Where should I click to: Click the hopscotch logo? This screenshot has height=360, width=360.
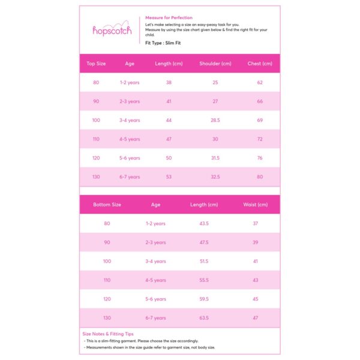pos(112,30)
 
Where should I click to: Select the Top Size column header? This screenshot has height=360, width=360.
pos(96,64)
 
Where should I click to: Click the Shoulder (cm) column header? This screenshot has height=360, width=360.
pos(215,64)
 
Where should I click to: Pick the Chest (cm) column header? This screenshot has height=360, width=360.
pos(260,64)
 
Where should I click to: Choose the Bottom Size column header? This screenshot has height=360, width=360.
pos(107,205)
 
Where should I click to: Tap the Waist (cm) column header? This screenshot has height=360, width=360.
pos(255,205)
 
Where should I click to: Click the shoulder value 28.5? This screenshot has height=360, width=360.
pos(215,121)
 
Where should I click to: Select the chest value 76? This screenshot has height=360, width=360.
pos(260,158)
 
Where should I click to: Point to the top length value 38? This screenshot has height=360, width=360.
pos(169,83)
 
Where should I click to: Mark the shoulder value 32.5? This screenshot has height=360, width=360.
pos(215,177)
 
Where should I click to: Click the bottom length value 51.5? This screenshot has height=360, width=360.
pos(203,262)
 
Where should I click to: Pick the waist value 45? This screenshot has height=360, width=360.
pos(255,299)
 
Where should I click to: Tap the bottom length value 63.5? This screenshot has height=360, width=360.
pos(203,318)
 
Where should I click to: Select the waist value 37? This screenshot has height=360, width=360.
pos(255,224)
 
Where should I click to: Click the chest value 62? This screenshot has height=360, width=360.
pos(260,83)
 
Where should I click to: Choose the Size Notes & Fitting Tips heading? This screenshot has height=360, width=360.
pos(108,334)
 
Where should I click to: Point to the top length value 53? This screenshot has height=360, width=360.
pos(169,177)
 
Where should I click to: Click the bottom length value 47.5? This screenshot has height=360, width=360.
pos(203,242)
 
